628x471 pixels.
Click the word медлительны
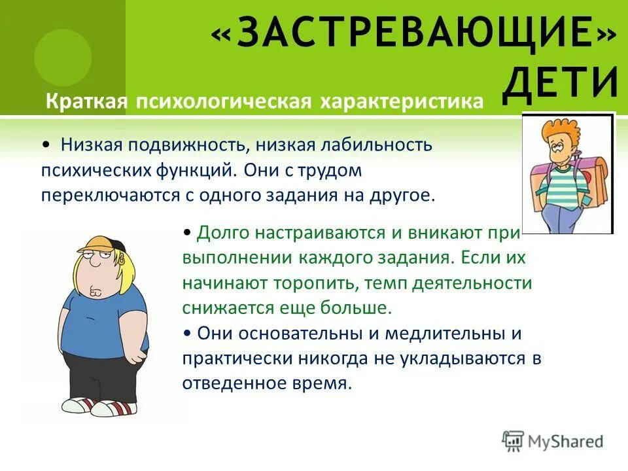tap(443, 333)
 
